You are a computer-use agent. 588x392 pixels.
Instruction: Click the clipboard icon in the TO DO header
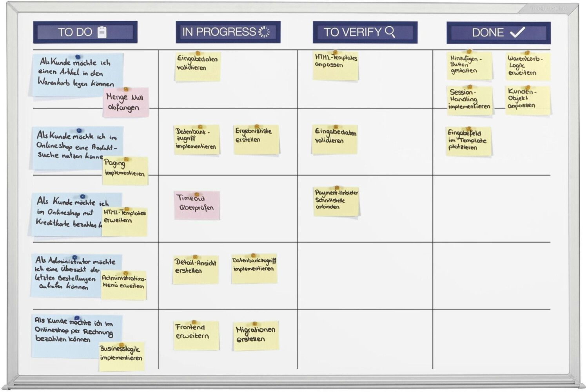(102, 32)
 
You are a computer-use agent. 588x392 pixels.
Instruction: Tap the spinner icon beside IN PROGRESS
(264, 32)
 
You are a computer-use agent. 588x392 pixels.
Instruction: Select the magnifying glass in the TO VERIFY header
(390, 31)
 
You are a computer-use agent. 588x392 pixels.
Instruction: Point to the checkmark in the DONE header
(517, 32)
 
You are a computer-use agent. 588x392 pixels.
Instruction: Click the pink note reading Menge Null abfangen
(126, 102)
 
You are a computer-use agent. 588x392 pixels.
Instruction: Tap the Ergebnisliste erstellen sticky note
(256, 139)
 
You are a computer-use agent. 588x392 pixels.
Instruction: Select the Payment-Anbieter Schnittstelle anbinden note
(336, 201)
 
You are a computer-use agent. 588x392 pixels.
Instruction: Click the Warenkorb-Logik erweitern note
(528, 67)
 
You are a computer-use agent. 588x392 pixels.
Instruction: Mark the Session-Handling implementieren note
(470, 100)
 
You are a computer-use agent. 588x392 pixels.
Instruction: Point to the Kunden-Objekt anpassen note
(528, 100)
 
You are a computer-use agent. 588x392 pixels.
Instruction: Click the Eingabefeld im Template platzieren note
(468, 141)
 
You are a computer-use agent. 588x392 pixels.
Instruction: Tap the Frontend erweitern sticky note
(196, 335)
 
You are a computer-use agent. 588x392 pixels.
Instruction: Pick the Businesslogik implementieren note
(122, 356)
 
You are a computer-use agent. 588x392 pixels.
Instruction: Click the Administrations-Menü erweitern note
(124, 285)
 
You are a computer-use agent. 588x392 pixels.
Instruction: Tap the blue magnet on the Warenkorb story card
(78, 57)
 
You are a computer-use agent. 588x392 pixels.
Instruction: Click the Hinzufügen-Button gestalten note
(469, 65)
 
